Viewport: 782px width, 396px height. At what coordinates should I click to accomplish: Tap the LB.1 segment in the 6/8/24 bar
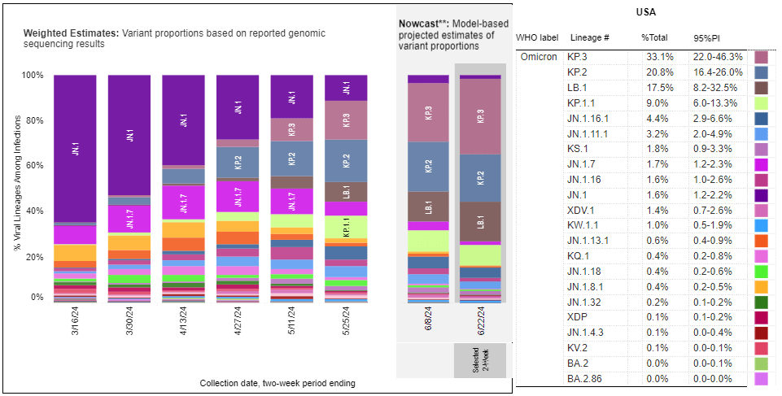pos(427,206)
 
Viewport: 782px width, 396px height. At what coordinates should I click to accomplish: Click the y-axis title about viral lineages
pos(16,187)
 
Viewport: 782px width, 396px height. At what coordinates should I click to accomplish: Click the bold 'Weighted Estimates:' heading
pos(71,33)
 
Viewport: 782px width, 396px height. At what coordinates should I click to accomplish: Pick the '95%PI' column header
pos(706,39)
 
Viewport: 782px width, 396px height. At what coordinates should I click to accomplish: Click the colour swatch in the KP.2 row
pos(762,73)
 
